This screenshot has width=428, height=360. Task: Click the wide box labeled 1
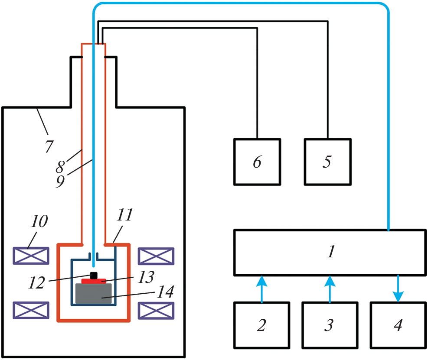coord(330,253)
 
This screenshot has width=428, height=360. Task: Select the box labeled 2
coord(261,325)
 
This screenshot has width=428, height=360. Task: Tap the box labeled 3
coord(330,325)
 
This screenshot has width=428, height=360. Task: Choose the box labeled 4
coord(398,325)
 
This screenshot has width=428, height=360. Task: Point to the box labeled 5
coord(327,162)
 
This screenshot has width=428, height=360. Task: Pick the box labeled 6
coord(257,162)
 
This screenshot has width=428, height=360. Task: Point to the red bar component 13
coord(94,281)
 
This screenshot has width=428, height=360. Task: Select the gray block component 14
coord(93,294)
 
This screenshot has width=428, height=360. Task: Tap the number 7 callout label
coord(49,146)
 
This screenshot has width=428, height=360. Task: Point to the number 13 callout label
coord(147,276)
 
